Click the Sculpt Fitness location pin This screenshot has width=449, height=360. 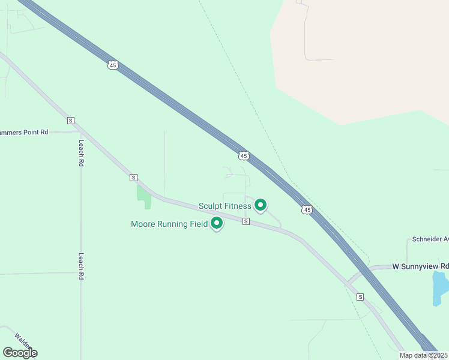coord(261,205)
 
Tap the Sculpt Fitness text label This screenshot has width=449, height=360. coord(225,206)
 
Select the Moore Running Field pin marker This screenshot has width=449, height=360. coord(217,223)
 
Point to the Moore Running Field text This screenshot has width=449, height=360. coord(169,224)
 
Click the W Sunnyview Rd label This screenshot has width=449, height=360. coord(421,266)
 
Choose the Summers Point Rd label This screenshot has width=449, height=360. coord(24,132)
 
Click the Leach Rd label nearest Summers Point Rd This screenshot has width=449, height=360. coord(80,153)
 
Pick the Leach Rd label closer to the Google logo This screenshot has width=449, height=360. coord(80,266)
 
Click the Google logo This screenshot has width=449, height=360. coord(20,353)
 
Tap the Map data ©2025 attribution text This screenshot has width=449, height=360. coord(423,355)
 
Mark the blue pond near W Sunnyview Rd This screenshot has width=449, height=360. coord(440,289)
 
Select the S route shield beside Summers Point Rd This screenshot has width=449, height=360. coord(71,120)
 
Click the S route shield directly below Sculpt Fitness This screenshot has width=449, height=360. coord(246,221)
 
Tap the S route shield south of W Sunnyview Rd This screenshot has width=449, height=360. coord(360,297)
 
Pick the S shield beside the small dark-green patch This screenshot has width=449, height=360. coord(133,178)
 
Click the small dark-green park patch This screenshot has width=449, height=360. coord(143,196)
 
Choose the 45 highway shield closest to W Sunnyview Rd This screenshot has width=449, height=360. coord(307,209)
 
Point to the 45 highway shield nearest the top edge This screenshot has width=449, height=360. coord(113,65)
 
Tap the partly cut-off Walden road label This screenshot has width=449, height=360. coord(23,341)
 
